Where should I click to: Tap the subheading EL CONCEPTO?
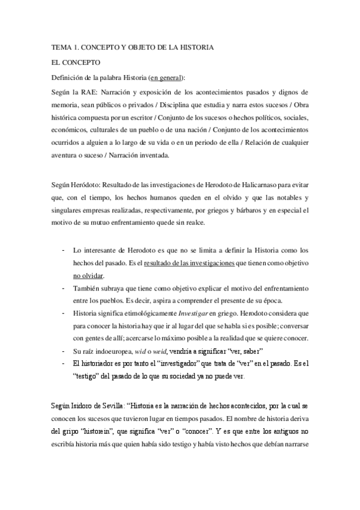point(76,62)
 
